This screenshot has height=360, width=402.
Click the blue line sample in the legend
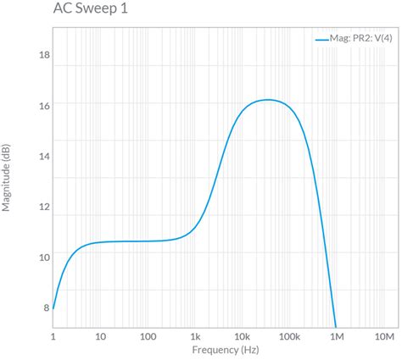point(321,38)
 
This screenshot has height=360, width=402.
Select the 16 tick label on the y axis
point(44,106)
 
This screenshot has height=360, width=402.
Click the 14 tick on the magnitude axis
point(44,157)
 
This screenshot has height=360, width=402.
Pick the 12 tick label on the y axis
point(44,207)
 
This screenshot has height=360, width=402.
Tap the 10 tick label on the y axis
point(44,257)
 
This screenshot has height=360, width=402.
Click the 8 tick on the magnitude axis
point(46,307)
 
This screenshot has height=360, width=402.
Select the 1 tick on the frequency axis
point(53,336)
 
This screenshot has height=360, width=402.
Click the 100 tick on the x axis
point(148,336)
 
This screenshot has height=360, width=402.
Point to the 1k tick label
point(195,336)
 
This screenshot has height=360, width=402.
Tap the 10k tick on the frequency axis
point(243,336)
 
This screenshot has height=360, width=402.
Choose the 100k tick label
point(289,336)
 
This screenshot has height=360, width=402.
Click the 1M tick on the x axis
point(337,336)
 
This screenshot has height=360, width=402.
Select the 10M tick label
point(383,336)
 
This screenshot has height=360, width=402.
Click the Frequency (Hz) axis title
point(225,350)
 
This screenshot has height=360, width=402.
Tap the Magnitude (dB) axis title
point(7,178)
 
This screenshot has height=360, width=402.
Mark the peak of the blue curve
point(266,99)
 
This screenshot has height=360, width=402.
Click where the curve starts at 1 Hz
point(53,308)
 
